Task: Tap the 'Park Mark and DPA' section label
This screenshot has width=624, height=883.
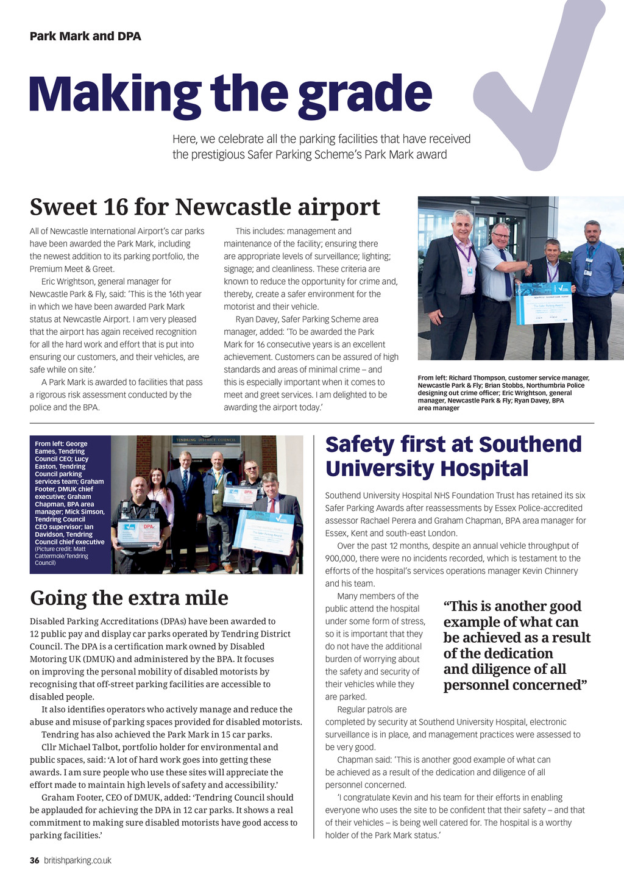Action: tap(85, 36)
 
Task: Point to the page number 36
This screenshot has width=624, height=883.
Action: tap(35, 860)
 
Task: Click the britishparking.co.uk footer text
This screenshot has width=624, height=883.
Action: tap(77, 860)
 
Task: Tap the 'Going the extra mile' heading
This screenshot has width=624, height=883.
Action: tap(129, 598)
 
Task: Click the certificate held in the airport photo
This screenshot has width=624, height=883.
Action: tap(544, 302)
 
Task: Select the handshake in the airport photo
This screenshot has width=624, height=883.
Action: tap(524, 268)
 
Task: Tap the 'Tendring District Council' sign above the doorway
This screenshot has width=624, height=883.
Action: tap(206, 439)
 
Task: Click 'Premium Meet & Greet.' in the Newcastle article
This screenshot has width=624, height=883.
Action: tap(72, 269)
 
